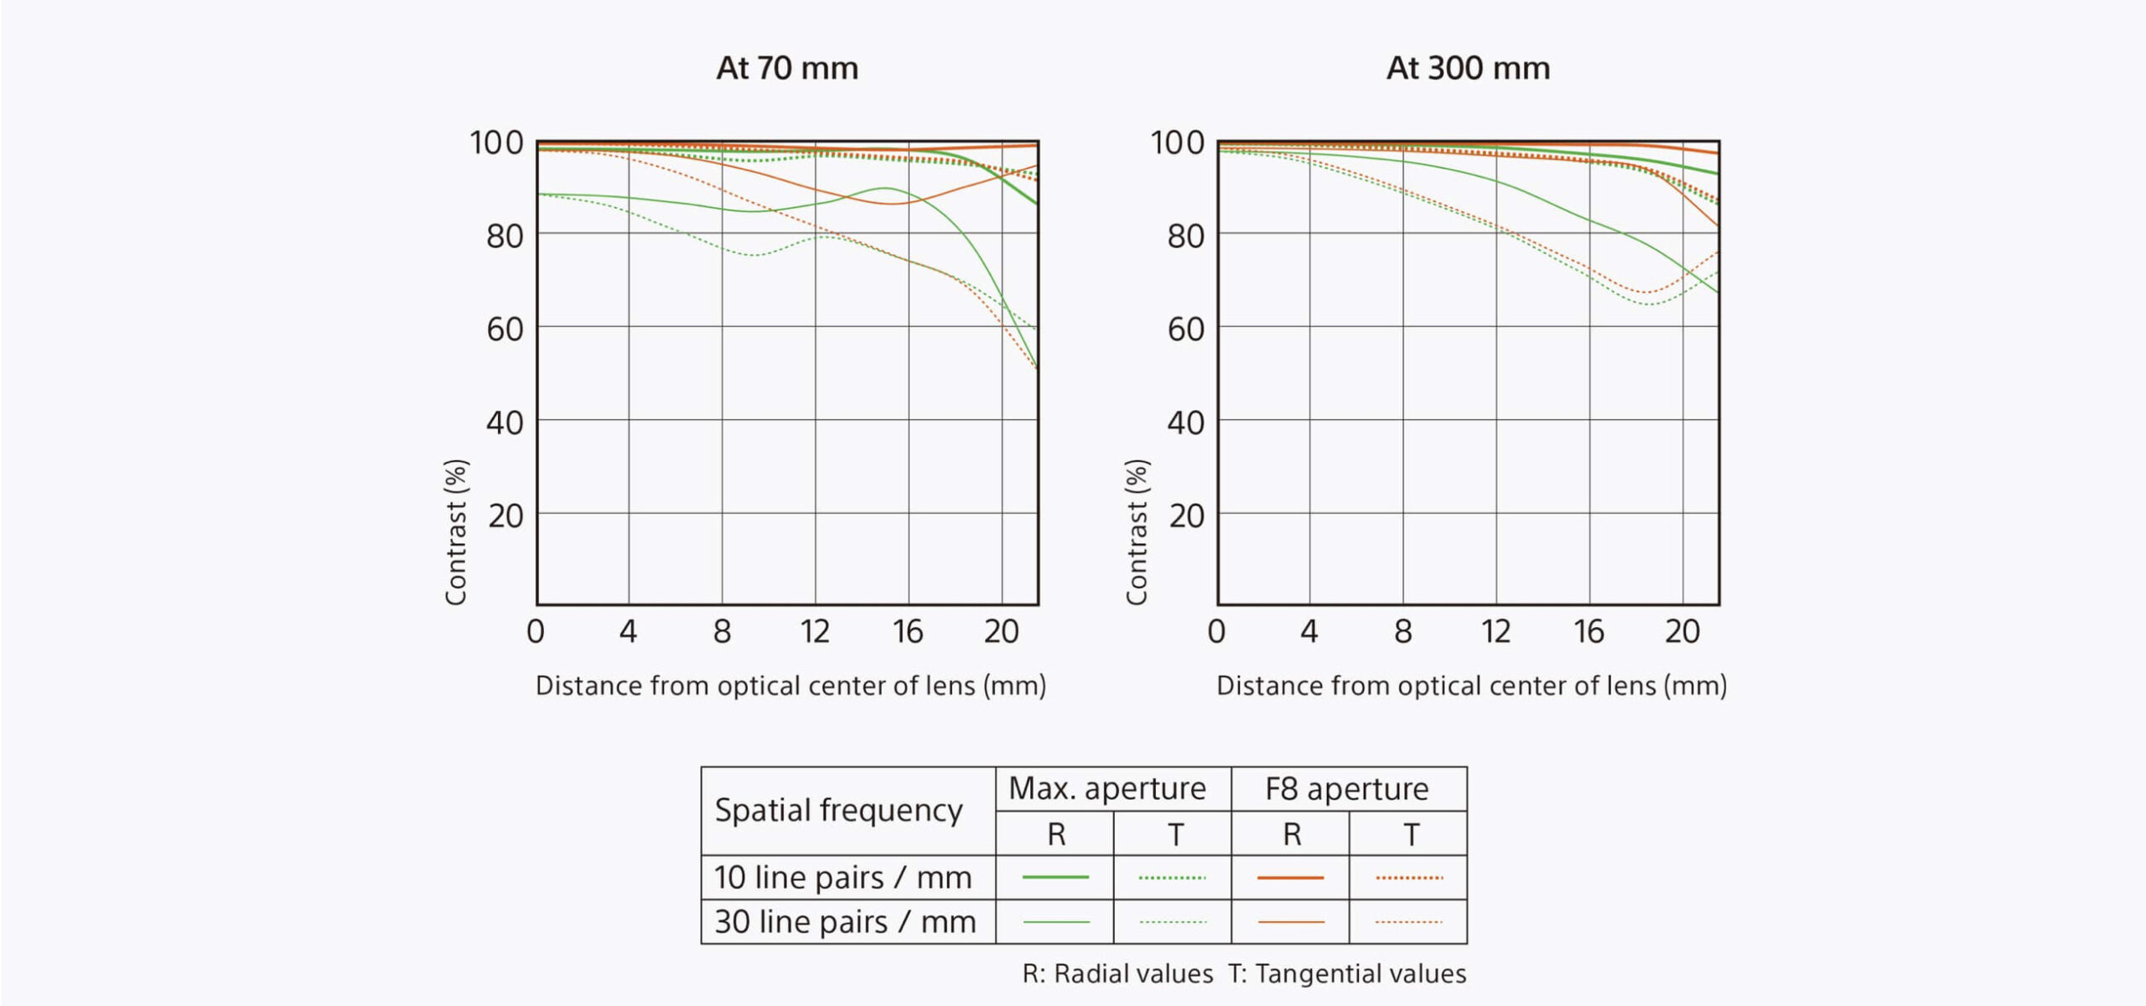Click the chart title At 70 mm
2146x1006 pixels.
tap(787, 68)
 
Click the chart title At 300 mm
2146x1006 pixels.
tap(1468, 68)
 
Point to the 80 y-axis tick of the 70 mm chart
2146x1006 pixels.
tap(505, 236)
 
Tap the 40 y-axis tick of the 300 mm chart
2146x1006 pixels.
tap(1185, 423)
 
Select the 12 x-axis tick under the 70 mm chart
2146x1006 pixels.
tap(815, 631)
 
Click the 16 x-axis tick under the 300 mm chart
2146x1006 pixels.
tap(1589, 631)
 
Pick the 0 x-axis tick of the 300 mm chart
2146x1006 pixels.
tap(1216, 631)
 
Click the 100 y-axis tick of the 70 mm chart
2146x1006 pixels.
tap(496, 143)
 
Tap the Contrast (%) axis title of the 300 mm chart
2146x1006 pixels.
tap(1136, 532)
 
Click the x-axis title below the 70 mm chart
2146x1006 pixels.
tap(790, 686)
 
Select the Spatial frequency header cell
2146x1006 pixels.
tap(838, 810)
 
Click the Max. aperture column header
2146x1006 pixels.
tap(1107, 788)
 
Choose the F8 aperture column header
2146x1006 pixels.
tap(1347, 789)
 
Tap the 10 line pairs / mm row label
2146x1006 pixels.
tap(842, 877)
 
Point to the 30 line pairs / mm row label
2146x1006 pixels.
tap(845, 921)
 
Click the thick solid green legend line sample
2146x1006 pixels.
tap(1055, 877)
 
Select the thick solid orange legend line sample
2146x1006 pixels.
tap(1291, 877)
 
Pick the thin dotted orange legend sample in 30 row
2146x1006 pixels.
tap(1408, 921)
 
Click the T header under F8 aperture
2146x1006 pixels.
tap(1411, 834)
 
